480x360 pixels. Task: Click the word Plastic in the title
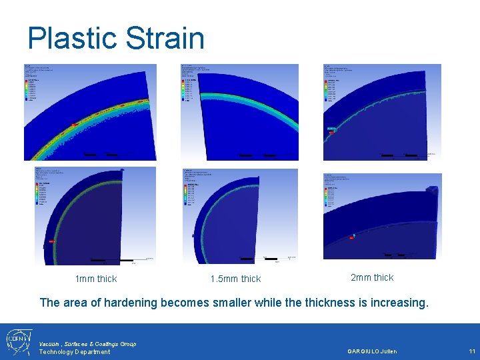pyautogui.click(x=69, y=38)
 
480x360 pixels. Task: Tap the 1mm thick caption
pyautogui.click(x=96, y=279)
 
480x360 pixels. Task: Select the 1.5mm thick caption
pyautogui.click(x=235, y=279)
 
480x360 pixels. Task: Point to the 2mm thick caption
pyautogui.click(x=372, y=277)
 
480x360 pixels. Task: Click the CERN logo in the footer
pyautogui.click(x=18, y=341)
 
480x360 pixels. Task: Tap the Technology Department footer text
pyautogui.click(x=74, y=352)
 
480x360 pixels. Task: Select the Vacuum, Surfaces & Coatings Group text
pyautogui.click(x=87, y=343)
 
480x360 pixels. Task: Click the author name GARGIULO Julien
pyautogui.click(x=372, y=351)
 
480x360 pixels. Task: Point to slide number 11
pyautogui.click(x=471, y=351)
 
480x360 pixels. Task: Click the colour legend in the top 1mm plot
pyautogui.click(x=32, y=89)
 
